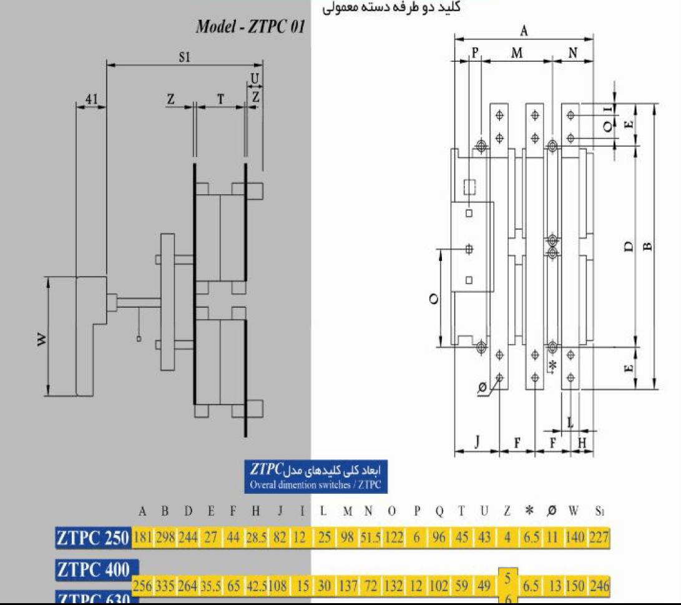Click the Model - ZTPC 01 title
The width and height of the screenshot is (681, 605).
250,27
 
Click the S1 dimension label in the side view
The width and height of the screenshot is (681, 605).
184,57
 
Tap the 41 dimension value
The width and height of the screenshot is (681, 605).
92,99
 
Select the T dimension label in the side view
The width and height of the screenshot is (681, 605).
220,99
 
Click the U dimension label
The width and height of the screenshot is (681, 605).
255,79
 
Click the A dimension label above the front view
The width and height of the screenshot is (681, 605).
524,31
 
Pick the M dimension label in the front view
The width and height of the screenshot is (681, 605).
517,54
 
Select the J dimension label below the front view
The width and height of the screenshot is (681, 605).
477,442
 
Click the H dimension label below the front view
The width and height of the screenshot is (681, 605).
582,442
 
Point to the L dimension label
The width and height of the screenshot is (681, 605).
571,422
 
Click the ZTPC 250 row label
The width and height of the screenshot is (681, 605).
93,538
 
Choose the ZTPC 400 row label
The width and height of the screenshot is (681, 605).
93,569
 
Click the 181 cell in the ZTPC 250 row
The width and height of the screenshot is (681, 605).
142,538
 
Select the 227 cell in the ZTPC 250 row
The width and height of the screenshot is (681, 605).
599,538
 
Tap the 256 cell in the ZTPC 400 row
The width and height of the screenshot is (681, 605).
143,586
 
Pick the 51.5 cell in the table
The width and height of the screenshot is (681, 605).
369,538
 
